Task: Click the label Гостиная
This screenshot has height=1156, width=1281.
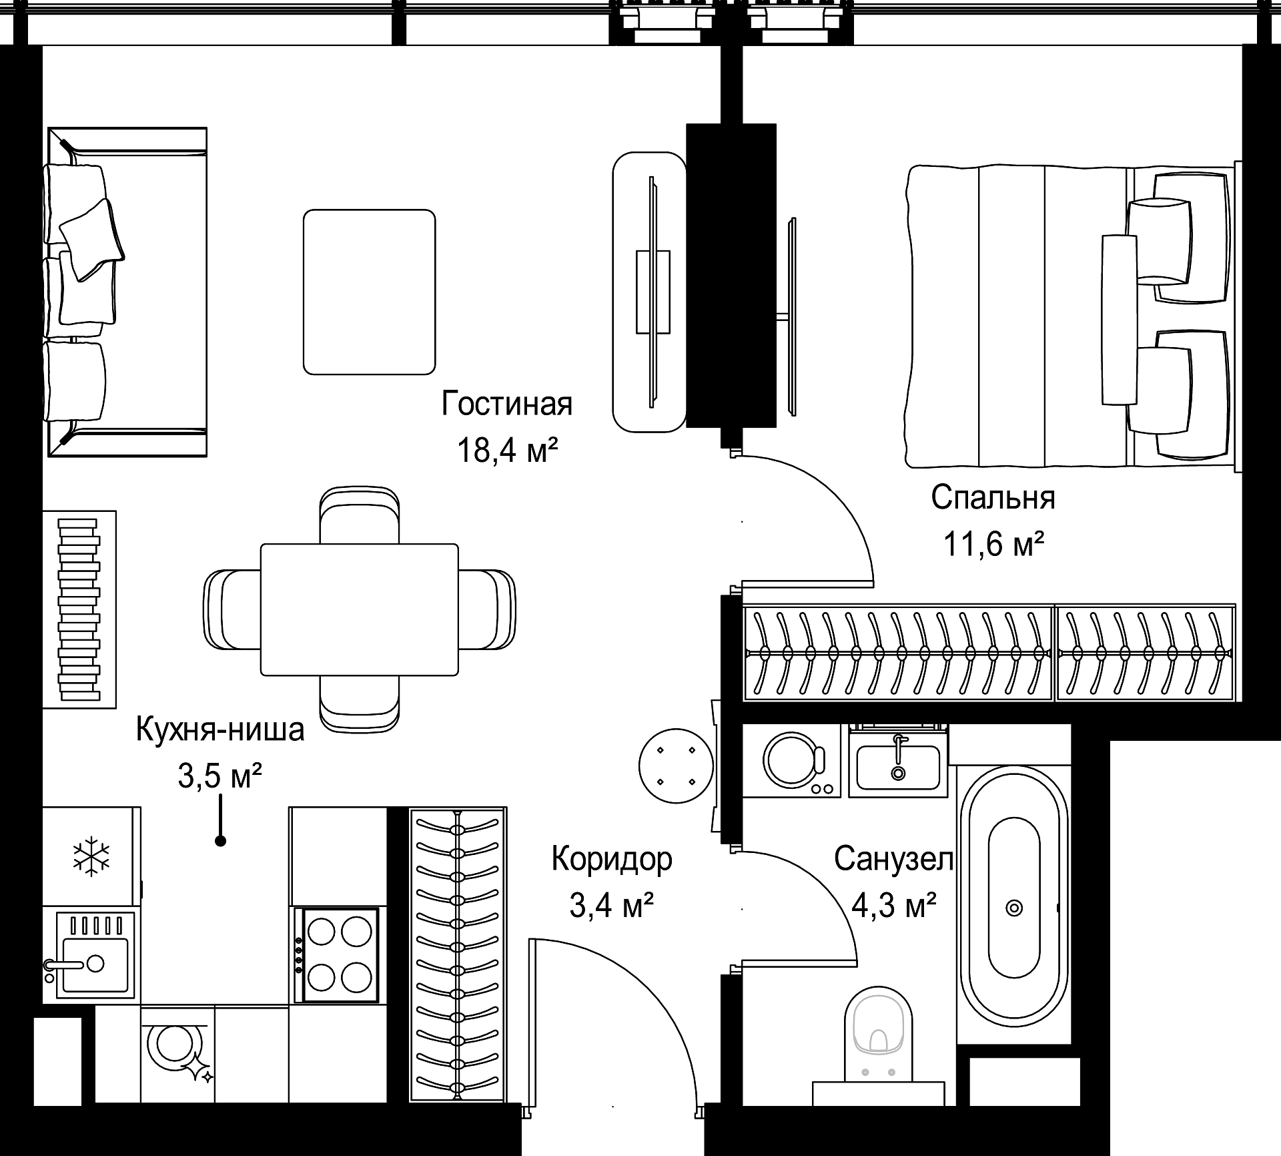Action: (x=507, y=404)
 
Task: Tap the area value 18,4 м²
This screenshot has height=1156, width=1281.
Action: (x=507, y=451)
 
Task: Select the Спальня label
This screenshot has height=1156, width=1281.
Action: (x=993, y=498)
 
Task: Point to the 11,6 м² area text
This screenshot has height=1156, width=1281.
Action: (x=993, y=544)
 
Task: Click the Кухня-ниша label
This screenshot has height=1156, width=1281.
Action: (x=220, y=730)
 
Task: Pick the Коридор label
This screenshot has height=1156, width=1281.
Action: (x=612, y=860)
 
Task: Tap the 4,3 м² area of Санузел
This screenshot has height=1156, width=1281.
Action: (x=894, y=906)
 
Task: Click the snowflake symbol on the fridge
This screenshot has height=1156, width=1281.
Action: (x=91, y=856)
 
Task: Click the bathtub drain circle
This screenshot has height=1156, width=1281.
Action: (x=1014, y=908)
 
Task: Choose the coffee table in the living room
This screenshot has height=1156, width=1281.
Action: (x=369, y=292)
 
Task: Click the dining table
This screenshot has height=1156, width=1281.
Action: (x=360, y=609)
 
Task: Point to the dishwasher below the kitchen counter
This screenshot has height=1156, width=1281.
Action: (x=177, y=1061)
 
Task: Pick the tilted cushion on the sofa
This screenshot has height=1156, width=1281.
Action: (x=92, y=239)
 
